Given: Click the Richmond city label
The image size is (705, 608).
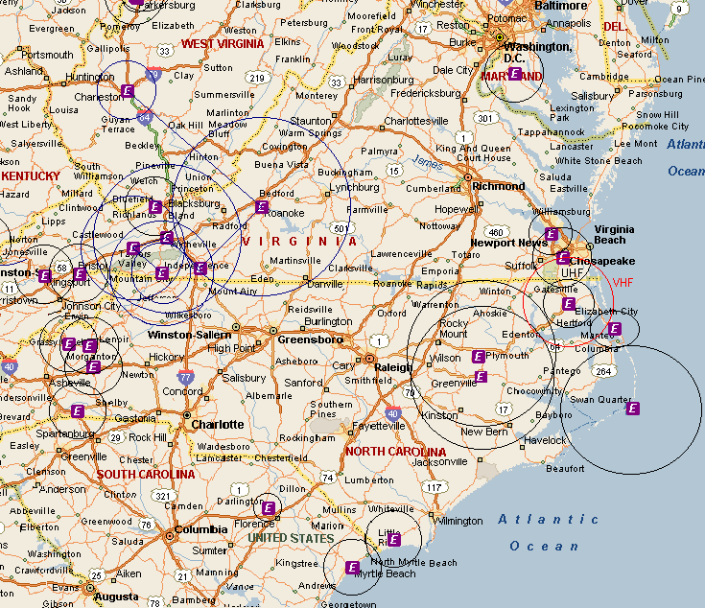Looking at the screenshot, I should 499,186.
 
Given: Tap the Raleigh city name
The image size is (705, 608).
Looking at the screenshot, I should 393,367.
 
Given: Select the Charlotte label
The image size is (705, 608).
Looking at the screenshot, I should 217,424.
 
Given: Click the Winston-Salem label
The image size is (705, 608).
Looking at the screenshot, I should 188,335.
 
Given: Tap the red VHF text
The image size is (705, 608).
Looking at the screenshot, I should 623,283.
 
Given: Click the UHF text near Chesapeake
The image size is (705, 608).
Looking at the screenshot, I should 572,273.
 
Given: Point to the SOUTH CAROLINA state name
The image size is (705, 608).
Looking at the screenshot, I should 145,474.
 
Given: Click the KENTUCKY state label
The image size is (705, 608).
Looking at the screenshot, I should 31,176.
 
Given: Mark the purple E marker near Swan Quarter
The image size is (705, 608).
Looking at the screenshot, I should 632,409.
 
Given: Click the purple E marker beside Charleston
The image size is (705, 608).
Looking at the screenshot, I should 128,91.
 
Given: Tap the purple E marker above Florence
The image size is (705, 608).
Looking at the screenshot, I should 268,507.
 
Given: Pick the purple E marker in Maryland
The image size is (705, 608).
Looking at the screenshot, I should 514,74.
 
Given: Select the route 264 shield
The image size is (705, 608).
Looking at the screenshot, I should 603,371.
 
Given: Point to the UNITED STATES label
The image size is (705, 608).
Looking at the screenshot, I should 292,539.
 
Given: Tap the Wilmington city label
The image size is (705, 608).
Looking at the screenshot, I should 458,521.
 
